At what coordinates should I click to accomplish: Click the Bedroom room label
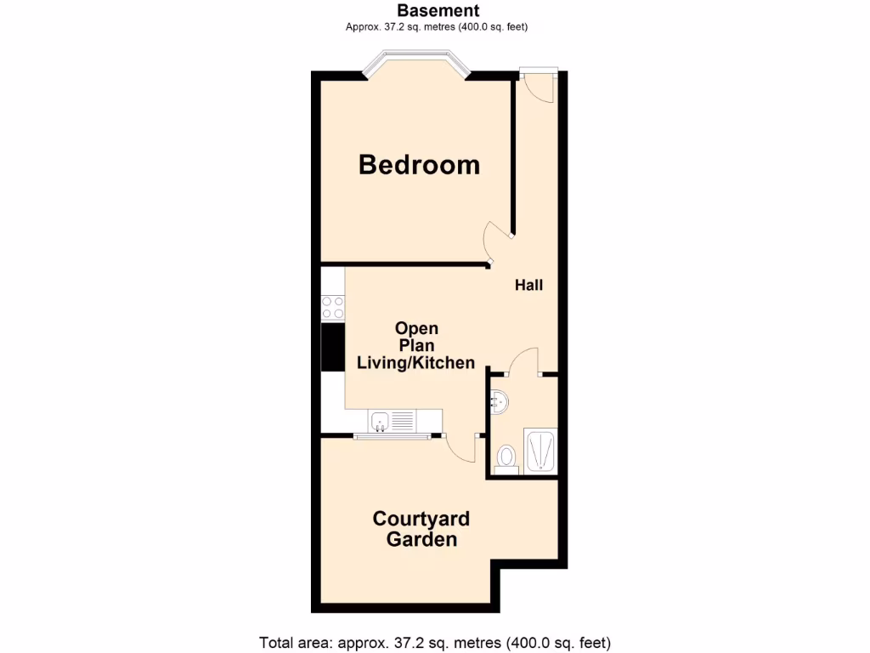419,164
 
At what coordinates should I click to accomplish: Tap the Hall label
528,286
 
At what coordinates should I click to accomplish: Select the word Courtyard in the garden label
421,519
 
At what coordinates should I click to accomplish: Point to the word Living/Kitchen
415,363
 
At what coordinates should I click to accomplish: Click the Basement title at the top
438,11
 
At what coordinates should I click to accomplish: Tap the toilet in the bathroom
507,457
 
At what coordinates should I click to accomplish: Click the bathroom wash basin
499,400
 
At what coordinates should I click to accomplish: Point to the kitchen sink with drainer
393,419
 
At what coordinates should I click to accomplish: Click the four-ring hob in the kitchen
332,307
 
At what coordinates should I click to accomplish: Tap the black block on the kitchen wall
332,348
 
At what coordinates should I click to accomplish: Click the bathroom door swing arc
523,361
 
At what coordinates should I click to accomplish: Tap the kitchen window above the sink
392,437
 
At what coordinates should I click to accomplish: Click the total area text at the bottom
435,642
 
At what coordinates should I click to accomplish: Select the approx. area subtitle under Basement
438,27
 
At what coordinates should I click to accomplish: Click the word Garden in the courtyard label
421,539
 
